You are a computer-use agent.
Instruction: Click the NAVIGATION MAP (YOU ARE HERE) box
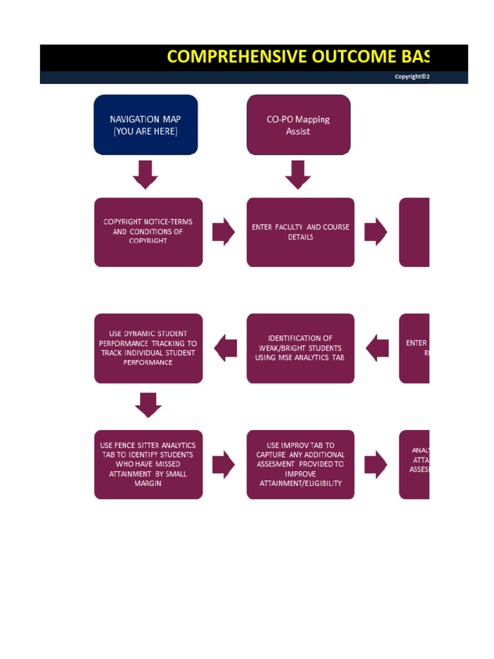click(145, 125)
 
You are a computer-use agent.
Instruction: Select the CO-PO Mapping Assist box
click(298, 125)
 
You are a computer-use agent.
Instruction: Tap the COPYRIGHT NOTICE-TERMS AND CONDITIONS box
click(148, 232)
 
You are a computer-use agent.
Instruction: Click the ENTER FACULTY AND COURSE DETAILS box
click(300, 232)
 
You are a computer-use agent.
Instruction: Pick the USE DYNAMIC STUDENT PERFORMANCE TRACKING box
click(148, 348)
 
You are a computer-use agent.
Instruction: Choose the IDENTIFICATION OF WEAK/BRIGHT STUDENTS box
click(300, 348)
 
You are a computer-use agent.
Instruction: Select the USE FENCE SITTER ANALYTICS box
click(148, 464)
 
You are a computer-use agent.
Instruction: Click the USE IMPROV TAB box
click(300, 464)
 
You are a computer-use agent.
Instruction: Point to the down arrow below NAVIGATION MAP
click(145, 174)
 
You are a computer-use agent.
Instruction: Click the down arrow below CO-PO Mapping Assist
click(298, 174)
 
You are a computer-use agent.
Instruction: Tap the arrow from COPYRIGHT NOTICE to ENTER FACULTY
click(224, 232)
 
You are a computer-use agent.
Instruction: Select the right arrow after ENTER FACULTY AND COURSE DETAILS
click(376, 232)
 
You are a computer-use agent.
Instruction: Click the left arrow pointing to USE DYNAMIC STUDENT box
click(224, 348)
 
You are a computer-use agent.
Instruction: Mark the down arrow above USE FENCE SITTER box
click(148, 405)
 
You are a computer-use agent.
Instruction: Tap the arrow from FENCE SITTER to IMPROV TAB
click(224, 464)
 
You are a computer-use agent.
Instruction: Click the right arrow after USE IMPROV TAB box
click(376, 464)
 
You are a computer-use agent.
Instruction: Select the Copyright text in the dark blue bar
click(412, 77)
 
